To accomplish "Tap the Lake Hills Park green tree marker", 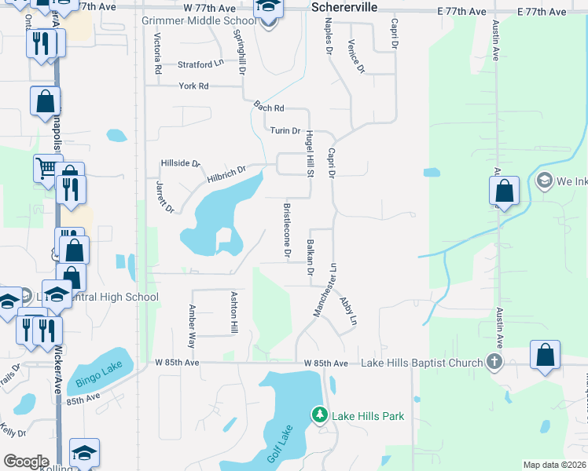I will (319, 414).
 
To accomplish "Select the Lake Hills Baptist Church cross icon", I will (494, 362).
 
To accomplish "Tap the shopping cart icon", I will (46, 166).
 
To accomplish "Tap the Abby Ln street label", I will (347, 311).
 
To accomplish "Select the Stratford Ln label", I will (200, 64).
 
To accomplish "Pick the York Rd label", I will (193, 86).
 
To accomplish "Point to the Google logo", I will (26, 462).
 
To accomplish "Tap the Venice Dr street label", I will (356, 57).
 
